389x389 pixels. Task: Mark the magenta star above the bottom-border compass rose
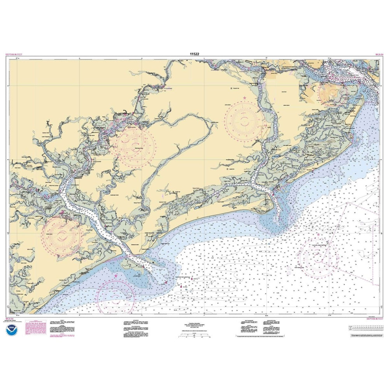click(116, 276)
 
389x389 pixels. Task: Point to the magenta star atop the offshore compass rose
click(319, 235)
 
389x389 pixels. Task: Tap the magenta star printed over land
click(245, 97)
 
